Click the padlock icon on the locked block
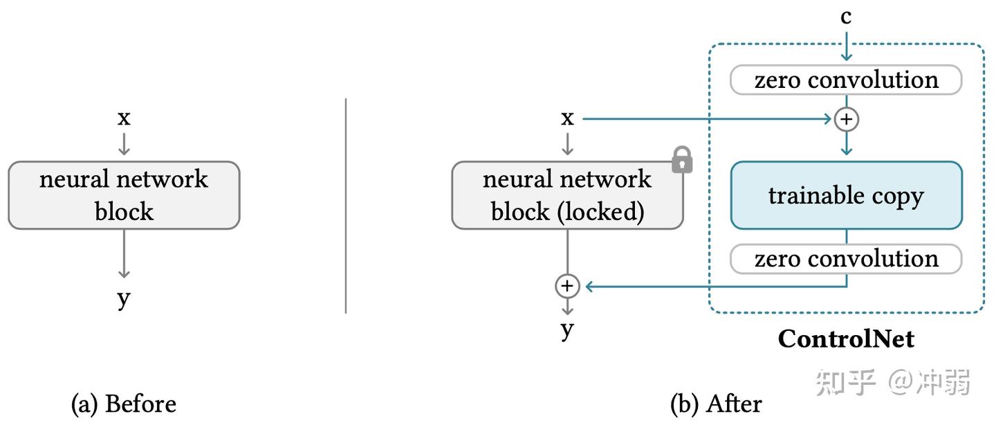coord(682,160)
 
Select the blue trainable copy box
coord(846,195)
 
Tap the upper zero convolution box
coord(846,80)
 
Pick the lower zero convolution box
coord(846,259)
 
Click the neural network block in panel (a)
coord(124,195)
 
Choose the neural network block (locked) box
coord(567,195)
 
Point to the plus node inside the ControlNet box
coord(846,119)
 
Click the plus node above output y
coord(567,285)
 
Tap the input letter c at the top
coord(846,17)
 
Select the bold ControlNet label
coord(846,339)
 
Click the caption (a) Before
coord(124,404)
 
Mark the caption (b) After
coord(716,404)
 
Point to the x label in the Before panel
coord(124,118)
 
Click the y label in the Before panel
coord(124,298)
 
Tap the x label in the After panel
coord(567,118)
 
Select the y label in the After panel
coord(567,330)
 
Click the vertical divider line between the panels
coord(346,205)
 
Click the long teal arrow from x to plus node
coord(705,119)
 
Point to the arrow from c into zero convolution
coord(846,47)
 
